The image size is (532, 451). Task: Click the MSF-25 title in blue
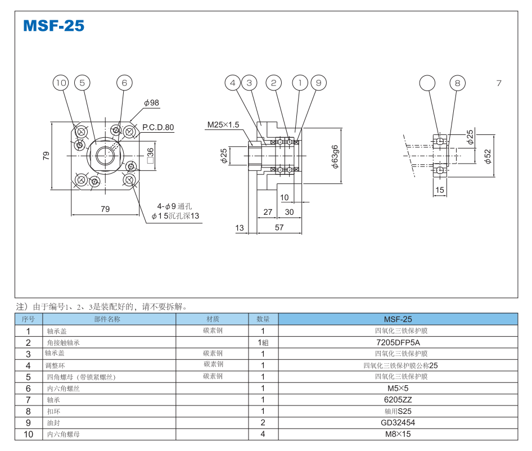(54, 26)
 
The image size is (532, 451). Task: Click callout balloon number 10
(61, 83)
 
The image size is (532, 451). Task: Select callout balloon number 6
(124, 83)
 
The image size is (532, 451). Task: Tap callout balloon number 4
(233, 83)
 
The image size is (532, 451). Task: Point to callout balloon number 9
(318, 83)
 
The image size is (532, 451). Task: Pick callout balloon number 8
(457, 83)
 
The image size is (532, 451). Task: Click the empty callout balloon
(427, 83)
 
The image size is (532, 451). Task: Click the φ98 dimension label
(151, 103)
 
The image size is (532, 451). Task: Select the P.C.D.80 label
(158, 128)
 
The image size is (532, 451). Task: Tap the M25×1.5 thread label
(223, 124)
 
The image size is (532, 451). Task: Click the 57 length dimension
(279, 228)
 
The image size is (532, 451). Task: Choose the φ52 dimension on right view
(488, 156)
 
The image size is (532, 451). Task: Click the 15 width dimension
(440, 190)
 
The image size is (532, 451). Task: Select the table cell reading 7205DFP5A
(398, 342)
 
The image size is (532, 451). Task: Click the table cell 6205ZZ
(398, 399)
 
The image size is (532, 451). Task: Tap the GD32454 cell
(398, 422)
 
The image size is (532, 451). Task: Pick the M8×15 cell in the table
(398, 434)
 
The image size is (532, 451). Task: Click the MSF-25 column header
(398, 319)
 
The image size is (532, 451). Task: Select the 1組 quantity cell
(263, 342)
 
